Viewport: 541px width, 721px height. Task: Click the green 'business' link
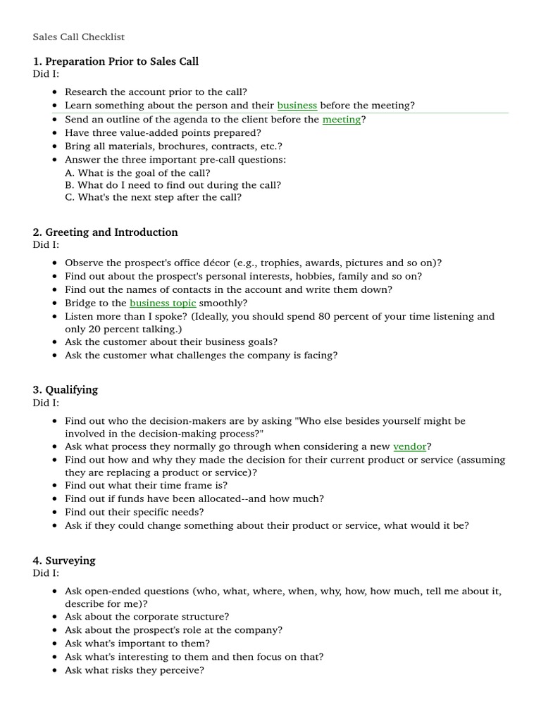297,106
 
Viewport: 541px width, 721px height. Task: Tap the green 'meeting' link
342,120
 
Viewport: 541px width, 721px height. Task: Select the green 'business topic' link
163,303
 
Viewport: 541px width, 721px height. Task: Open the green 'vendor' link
409,446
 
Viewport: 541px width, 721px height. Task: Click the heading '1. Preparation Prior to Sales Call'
116,61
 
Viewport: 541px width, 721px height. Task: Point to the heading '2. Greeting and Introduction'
105,232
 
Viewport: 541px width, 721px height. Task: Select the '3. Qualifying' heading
65,390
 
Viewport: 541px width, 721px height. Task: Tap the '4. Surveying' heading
63,561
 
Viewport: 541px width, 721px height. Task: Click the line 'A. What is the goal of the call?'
137,173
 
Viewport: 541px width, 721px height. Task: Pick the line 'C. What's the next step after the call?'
153,198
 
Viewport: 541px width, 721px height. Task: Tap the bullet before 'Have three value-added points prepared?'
56,133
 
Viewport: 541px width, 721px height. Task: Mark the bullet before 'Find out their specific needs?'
56,513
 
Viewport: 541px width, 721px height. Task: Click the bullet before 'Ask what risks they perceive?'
56,671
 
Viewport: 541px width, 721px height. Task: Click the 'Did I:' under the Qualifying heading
46,403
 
